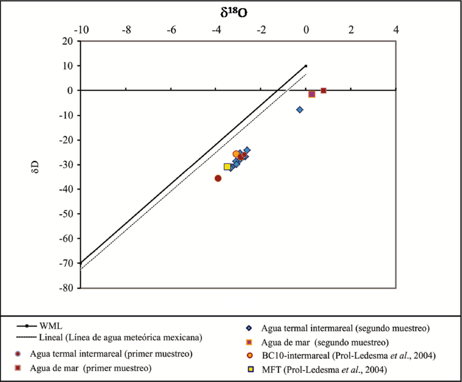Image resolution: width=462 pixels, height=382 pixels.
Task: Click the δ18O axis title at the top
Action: (x=233, y=12)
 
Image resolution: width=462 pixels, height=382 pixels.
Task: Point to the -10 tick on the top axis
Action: (x=81, y=30)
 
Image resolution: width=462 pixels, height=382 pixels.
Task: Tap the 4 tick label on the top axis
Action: (x=396, y=30)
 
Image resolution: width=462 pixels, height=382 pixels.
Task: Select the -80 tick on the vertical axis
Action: (x=67, y=288)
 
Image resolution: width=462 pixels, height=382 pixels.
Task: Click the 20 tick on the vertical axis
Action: (x=69, y=41)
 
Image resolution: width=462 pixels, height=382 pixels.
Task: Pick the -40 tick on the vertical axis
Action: (x=67, y=189)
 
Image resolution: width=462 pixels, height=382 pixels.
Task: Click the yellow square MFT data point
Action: (x=227, y=166)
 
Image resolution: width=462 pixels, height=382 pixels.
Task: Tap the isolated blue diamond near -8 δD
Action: (x=300, y=110)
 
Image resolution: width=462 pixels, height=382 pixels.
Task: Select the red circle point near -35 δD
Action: (x=218, y=179)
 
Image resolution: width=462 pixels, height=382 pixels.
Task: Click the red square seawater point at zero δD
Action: (x=323, y=91)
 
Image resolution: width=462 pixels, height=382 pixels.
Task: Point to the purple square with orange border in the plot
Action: (x=312, y=94)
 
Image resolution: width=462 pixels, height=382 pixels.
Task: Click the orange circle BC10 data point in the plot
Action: (x=237, y=154)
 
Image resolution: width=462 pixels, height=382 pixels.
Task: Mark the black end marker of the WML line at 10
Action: (x=306, y=66)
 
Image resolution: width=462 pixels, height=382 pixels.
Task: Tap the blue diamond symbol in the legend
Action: (x=249, y=328)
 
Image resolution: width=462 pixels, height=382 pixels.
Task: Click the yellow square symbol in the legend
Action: (x=249, y=369)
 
